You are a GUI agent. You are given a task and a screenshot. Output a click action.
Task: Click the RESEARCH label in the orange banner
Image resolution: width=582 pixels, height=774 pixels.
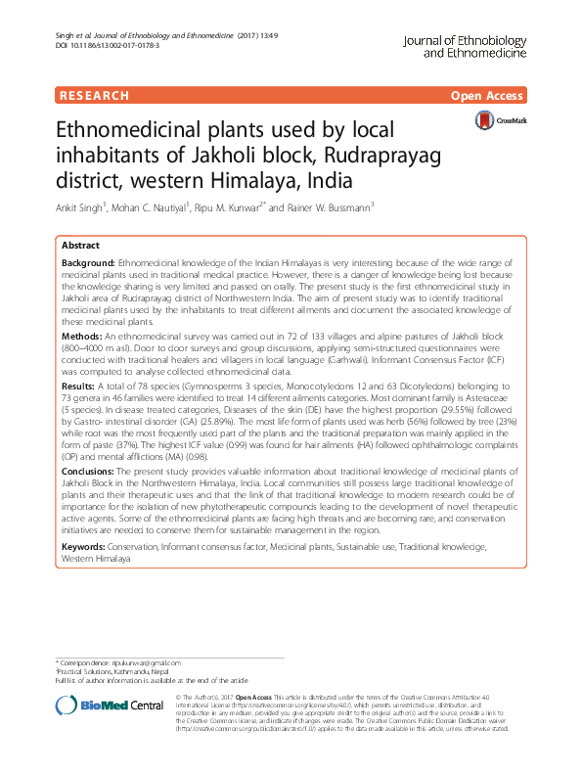point(94,96)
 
